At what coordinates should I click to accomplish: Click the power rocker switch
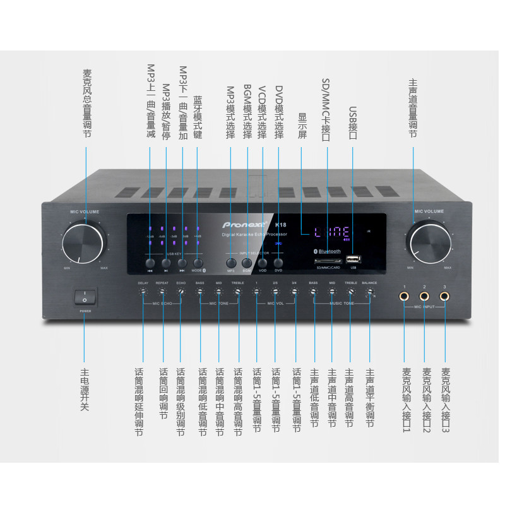pyautogui.click(x=84, y=296)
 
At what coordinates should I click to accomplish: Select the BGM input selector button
pyautogui.click(x=246, y=261)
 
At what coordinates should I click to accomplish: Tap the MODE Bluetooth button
pyautogui.click(x=198, y=261)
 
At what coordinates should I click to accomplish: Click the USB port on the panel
pyautogui.click(x=353, y=259)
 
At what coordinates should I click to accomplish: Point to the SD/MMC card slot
pyautogui.click(x=327, y=260)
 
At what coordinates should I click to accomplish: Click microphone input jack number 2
pyautogui.click(x=424, y=295)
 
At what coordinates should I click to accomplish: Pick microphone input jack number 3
pyautogui.click(x=444, y=295)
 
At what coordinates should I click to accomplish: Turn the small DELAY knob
pyautogui.click(x=143, y=292)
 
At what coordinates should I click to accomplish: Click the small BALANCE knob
pyautogui.click(x=369, y=292)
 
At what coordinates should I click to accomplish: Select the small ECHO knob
pyautogui.click(x=181, y=292)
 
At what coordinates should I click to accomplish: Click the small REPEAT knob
pyautogui.click(x=162, y=292)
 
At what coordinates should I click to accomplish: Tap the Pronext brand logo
pyautogui.click(x=244, y=223)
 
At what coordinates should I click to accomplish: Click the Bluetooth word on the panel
pyautogui.click(x=328, y=251)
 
